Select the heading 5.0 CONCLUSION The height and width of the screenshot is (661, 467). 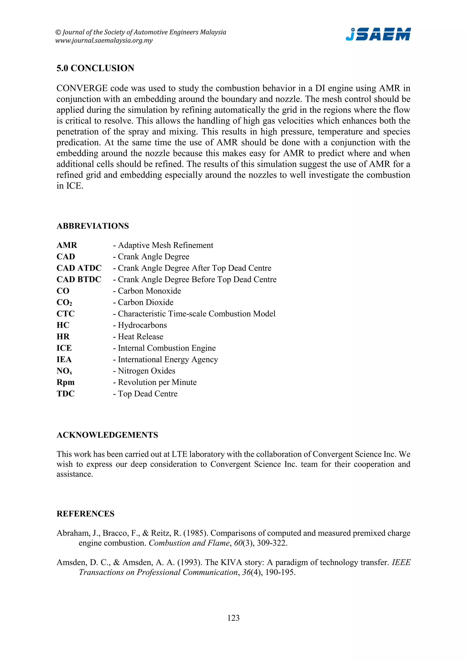95,68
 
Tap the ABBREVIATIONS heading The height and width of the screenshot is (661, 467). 93,226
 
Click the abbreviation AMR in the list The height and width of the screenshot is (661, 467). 67,245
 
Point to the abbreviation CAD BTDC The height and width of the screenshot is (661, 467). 79,280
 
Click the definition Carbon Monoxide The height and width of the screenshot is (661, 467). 149,291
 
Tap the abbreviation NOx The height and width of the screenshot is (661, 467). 64,371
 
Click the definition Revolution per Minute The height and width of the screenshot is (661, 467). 157,382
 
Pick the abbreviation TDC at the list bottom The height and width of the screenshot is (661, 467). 66,394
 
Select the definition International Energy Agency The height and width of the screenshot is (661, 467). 168,359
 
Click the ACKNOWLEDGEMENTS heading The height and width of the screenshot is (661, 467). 107,435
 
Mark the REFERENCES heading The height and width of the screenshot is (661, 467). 86,514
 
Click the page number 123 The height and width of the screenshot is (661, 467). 233,618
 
